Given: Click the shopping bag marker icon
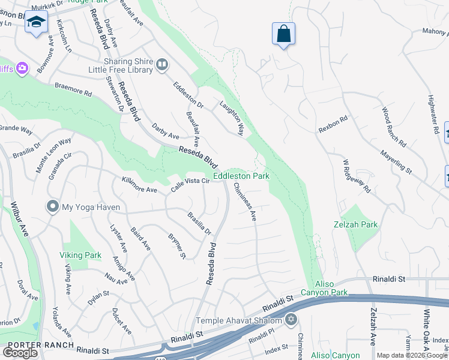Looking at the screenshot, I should (283, 34).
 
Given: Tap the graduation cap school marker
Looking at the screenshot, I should (36, 22).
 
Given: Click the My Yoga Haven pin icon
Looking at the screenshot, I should (52, 207).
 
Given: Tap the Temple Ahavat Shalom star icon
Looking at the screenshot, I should (291, 319).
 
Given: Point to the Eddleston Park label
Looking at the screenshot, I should (241, 176).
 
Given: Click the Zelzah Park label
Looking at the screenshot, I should (355, 224).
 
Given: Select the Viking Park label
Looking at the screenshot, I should (80, 255).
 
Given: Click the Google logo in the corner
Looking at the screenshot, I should (20, 353).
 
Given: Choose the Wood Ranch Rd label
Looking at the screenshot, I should (394, 127).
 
